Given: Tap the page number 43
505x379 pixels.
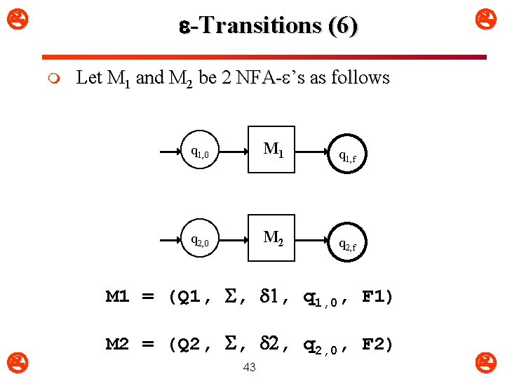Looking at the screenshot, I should coord(249,368).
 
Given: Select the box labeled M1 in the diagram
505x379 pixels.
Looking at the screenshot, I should coord(272,149).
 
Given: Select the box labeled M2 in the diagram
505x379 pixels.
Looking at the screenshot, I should coord(272,237).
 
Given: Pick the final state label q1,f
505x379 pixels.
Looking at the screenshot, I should coord(348,156).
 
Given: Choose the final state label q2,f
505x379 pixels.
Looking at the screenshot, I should coord(348,244).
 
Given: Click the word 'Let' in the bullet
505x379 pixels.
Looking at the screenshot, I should coord(90,77).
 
